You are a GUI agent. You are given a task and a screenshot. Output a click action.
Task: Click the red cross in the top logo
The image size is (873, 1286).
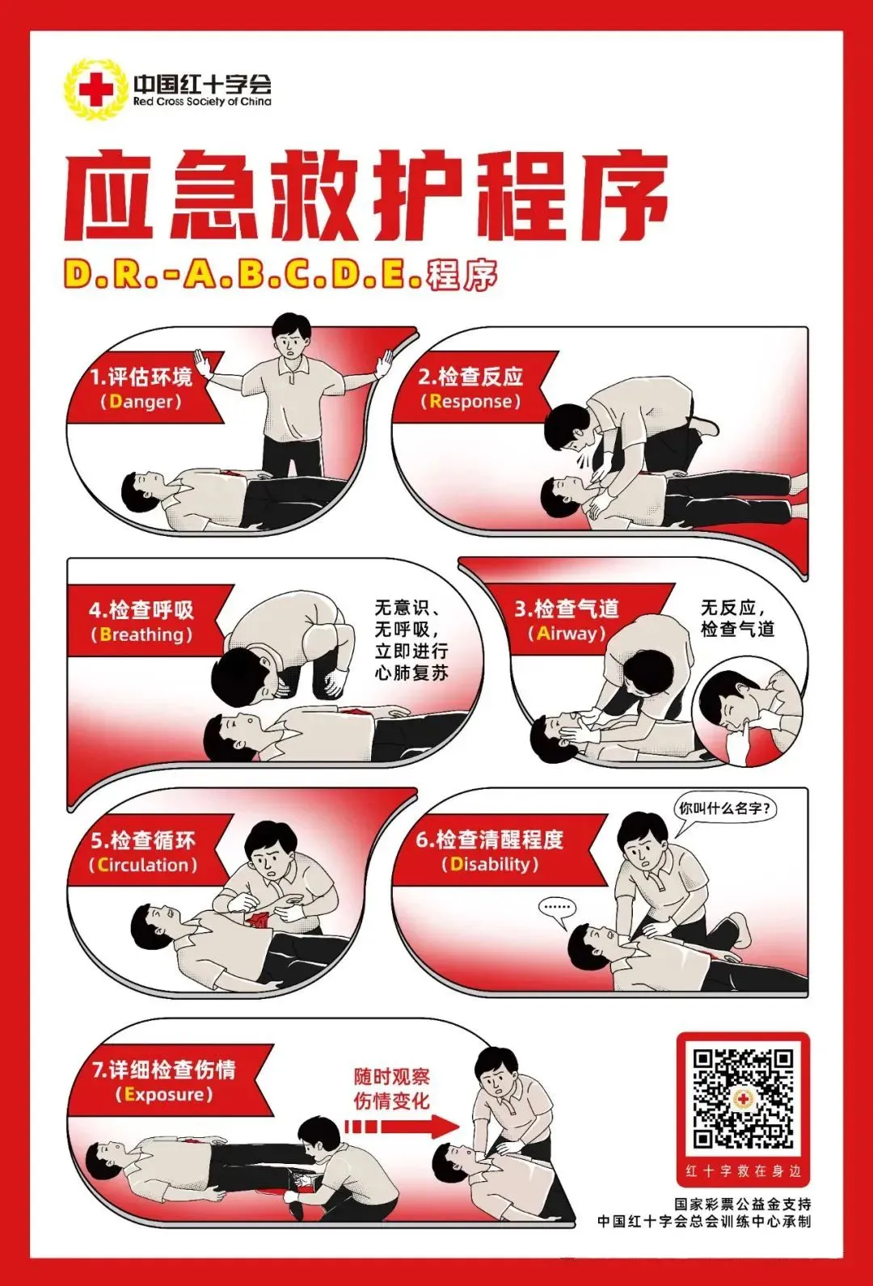point(95,89)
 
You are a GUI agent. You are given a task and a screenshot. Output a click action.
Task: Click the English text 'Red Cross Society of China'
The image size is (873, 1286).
point(202,102)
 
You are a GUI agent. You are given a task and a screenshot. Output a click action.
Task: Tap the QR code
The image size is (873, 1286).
point(743,1098)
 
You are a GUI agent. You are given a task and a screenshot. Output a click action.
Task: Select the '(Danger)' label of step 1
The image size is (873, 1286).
point(141,402)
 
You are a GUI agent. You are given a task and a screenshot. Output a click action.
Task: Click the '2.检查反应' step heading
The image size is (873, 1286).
point(470,377)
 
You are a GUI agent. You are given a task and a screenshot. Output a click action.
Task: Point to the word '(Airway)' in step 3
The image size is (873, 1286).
point(567,633)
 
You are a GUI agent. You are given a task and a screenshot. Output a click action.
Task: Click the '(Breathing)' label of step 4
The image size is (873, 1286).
point(141,635)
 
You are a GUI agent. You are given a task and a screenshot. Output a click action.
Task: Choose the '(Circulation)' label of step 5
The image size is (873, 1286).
point(143,864)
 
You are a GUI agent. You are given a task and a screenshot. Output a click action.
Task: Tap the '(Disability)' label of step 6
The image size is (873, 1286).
point(490,863)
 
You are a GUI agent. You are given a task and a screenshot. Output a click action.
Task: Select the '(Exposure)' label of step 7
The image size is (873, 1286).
point(164,1094)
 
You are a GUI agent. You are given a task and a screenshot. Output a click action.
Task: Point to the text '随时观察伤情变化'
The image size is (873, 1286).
point(392,1089)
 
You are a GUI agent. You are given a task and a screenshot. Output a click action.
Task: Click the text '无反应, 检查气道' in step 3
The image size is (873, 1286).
point(737,618)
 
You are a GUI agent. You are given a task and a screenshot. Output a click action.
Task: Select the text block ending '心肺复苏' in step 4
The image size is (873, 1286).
point(411,639)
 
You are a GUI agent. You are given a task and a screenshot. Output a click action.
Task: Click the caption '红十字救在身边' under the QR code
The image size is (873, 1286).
point(743,1171)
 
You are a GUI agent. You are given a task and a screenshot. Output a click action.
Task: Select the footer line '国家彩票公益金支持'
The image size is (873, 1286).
point(743,1204)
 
